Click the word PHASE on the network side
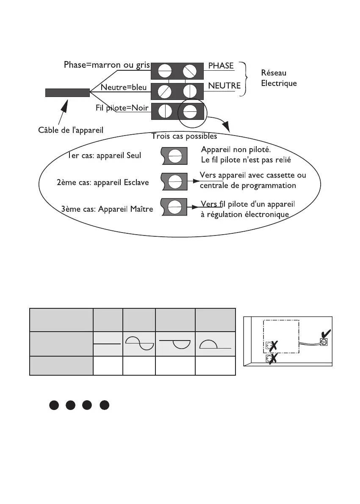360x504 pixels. click(221, 66)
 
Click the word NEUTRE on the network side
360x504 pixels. click(224, 86)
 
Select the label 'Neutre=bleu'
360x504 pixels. click(124, 88)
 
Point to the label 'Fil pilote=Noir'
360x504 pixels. click(122, 108)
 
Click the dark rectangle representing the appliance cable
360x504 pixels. click(67, 93)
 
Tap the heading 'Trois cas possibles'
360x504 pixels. click(184, 136)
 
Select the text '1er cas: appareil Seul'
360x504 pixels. click(104, 155)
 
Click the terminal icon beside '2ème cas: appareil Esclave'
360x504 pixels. click(175, 181)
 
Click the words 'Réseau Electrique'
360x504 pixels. click(279, 78)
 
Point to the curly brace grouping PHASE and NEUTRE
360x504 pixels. click(243, 78)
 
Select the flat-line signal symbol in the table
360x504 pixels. click(108, 345)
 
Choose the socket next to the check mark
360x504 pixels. click(324, 341)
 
